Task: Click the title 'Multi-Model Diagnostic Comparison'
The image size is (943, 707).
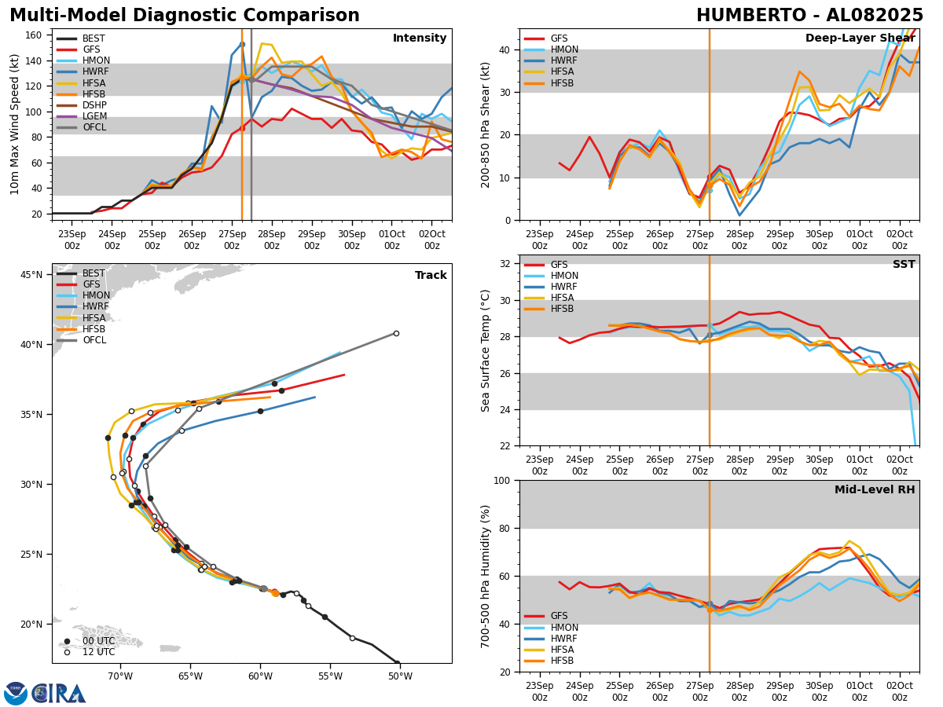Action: click(x=185, y=16)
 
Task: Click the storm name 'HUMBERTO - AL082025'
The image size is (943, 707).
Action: click(x=809, y=16)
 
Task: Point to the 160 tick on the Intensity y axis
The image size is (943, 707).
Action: click(x=35, y=35)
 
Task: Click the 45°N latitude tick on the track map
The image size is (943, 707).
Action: click(x=31, y=275)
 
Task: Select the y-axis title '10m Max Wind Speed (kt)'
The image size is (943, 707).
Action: click(x=15, y=124)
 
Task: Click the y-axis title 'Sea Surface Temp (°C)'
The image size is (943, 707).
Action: click(x=486, y=350)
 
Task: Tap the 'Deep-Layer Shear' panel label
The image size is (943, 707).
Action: click(x=859, y=38)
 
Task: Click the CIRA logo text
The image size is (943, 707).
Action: click(x=58, y=693)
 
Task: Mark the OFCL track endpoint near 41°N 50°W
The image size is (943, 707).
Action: click(x=396, y=333)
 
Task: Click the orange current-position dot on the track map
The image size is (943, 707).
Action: click(x=275, y=593)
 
